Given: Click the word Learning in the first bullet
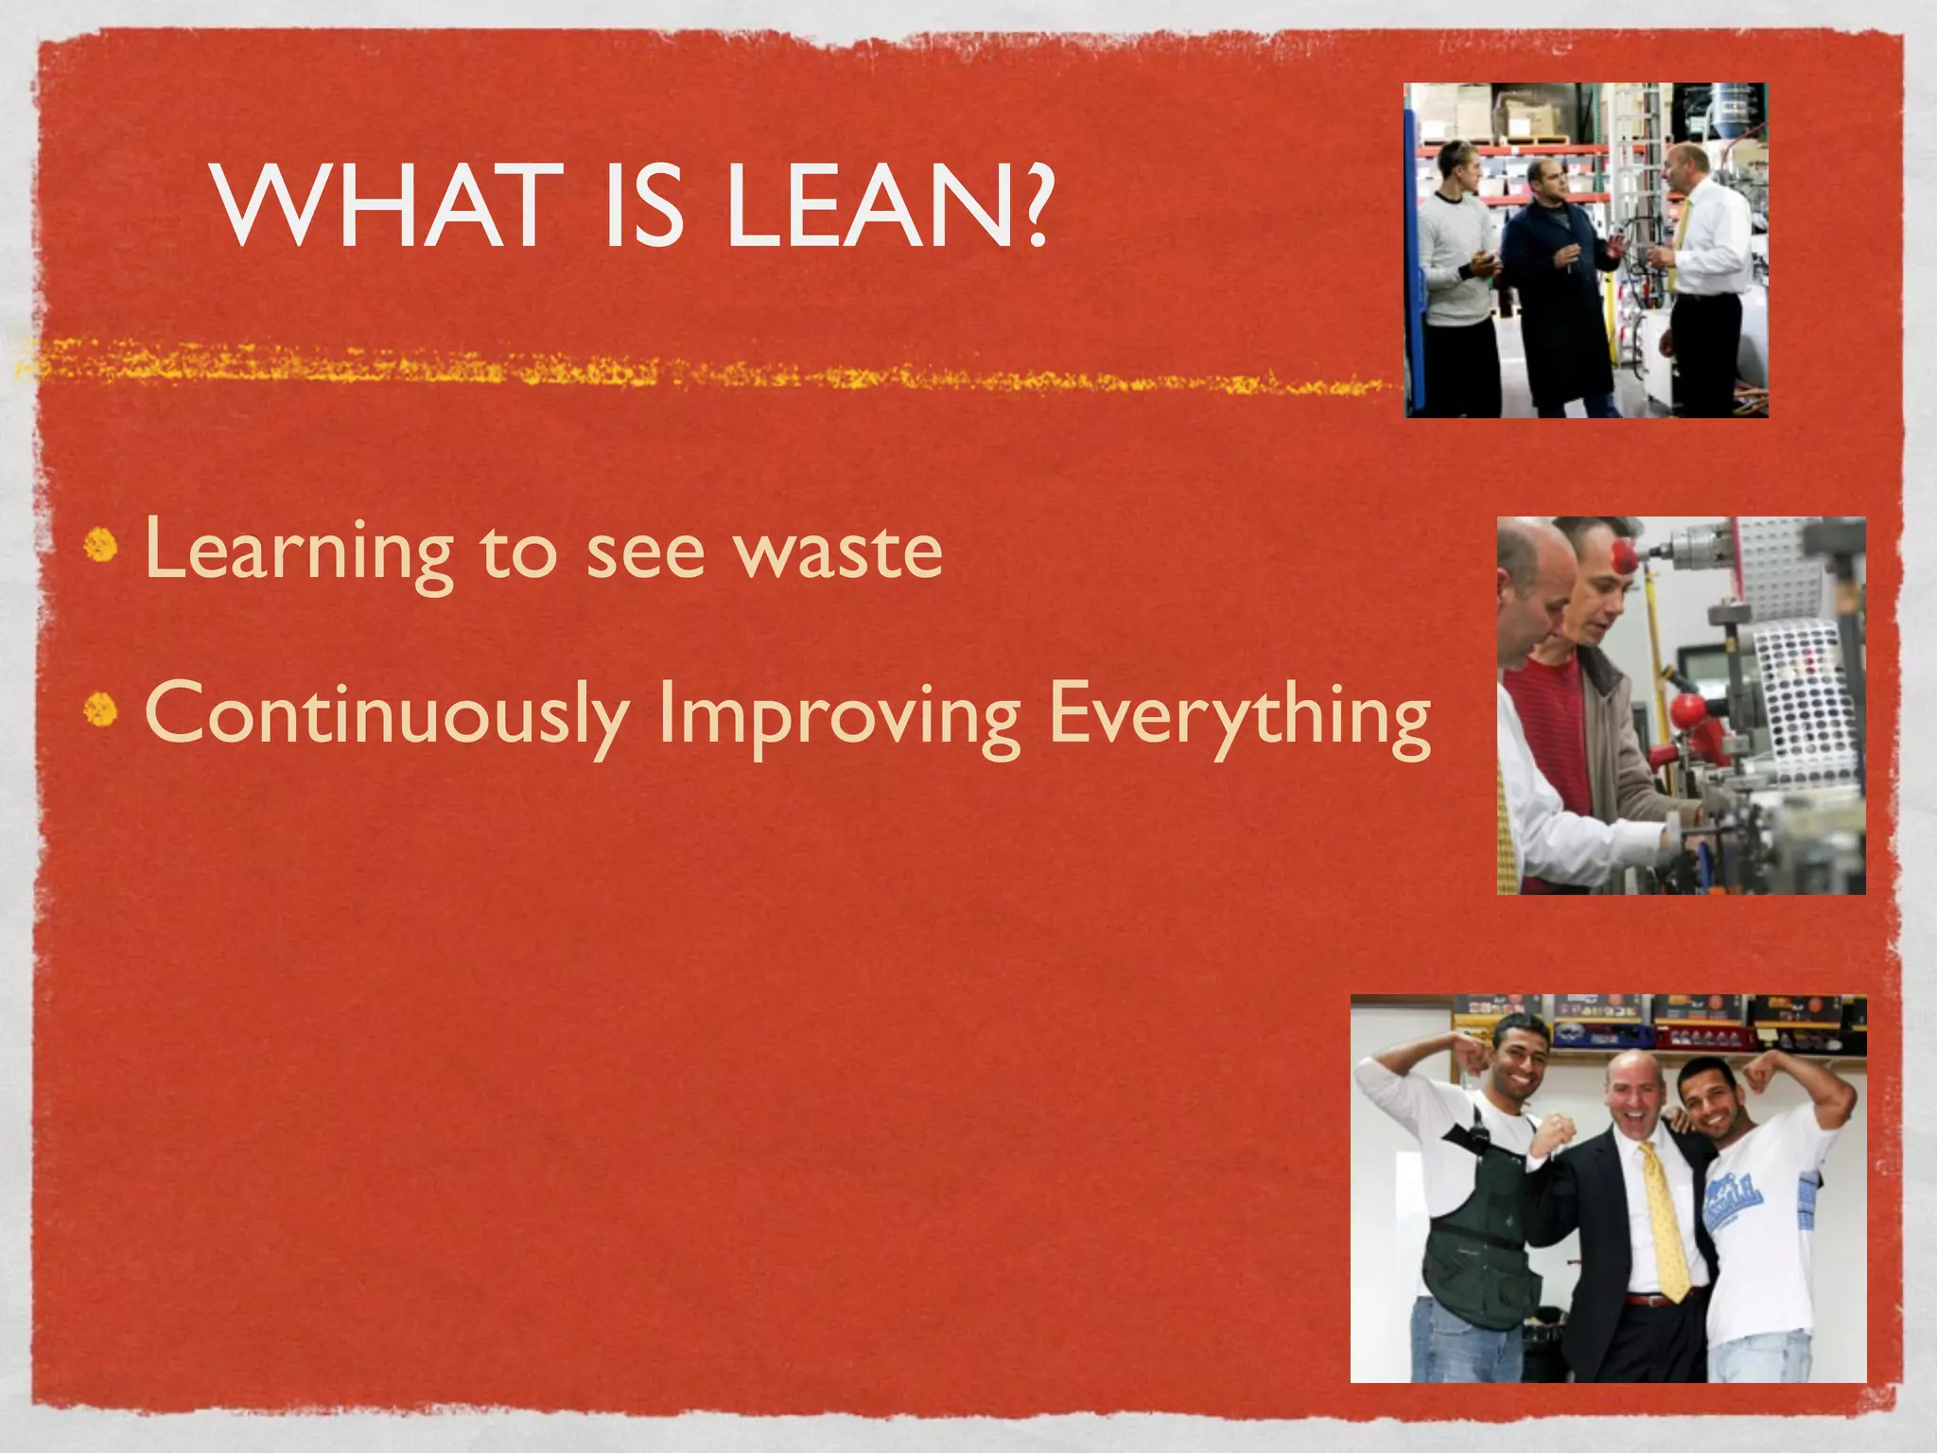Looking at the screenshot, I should [x=299, y=551].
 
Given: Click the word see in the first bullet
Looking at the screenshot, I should [x=646, y=552].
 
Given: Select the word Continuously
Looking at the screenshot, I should [x=388, y=714].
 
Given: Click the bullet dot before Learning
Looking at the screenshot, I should [x=101, y=547].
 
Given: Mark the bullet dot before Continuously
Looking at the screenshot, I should [x=101, y=709].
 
